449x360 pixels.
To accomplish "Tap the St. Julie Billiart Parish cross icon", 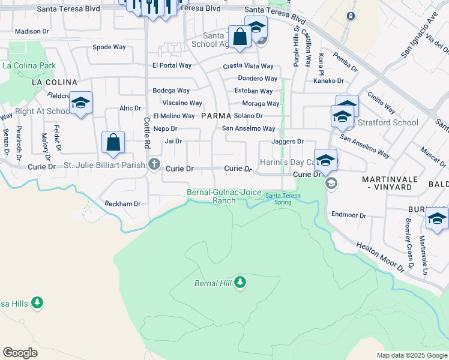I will coord(154,164).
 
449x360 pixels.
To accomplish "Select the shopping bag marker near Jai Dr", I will coord(113,143).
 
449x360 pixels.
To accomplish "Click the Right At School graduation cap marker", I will coord(80,103).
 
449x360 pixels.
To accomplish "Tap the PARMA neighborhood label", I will coord(216,115).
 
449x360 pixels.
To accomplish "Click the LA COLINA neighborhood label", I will coord(54,82).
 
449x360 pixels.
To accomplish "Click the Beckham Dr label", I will coord(122,203).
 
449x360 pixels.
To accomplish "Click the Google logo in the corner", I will coord(20,352).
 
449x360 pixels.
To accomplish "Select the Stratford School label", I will coord(388,123).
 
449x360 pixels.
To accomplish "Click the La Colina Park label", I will coord(29,65).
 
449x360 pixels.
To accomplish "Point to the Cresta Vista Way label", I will coord(248,66).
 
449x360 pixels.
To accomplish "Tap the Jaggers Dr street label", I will coord(288,142).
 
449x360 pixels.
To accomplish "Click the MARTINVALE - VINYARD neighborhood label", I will coord(387,183).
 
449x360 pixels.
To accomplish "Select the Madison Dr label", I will coord(31,31).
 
